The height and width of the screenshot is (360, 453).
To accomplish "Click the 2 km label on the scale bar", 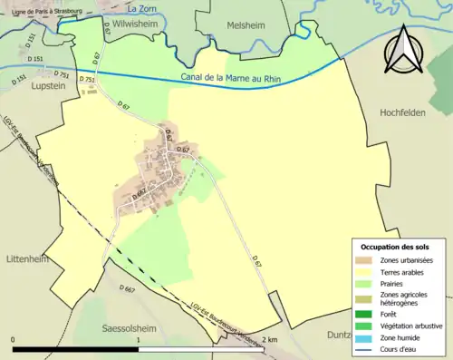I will coord(268,339).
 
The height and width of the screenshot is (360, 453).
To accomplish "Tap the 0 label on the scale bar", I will coord(14,339).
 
